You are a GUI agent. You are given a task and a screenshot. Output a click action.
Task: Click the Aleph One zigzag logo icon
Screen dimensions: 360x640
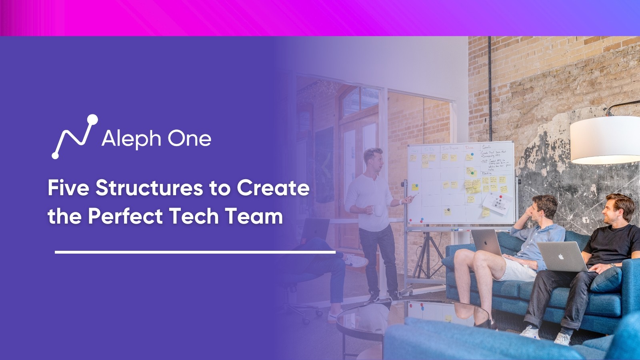(74, 136)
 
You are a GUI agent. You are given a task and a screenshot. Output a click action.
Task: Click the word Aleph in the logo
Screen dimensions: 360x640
(131, 139)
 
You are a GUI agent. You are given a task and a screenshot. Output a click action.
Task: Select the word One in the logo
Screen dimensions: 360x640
(189, 138)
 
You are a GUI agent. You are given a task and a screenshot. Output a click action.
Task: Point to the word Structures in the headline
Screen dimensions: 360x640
(149, 188)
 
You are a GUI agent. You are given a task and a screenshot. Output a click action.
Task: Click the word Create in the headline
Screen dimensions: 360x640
(273, 188)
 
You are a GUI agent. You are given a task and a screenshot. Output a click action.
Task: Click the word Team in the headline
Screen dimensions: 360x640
(254, 216)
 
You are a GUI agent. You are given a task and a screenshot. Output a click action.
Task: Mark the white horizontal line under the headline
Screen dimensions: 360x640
(195, 252)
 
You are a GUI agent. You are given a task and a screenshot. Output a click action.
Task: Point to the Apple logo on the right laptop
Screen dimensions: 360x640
(561, 256)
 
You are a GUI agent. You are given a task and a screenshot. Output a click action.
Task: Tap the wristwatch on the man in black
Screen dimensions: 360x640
(612, 265)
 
